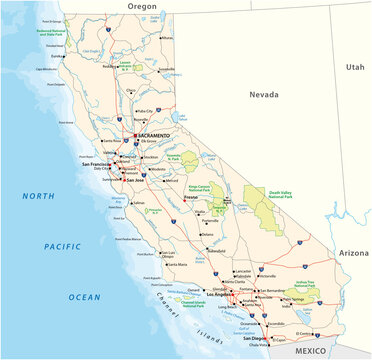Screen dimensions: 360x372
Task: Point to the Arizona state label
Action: point(353,254)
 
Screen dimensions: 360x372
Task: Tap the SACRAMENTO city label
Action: point(151,134)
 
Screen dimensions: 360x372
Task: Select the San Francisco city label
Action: point(83,163)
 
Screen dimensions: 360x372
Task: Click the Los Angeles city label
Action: point(220,295)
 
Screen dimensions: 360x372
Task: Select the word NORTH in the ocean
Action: point(40,195)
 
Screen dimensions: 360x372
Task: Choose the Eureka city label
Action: point(44,56)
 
